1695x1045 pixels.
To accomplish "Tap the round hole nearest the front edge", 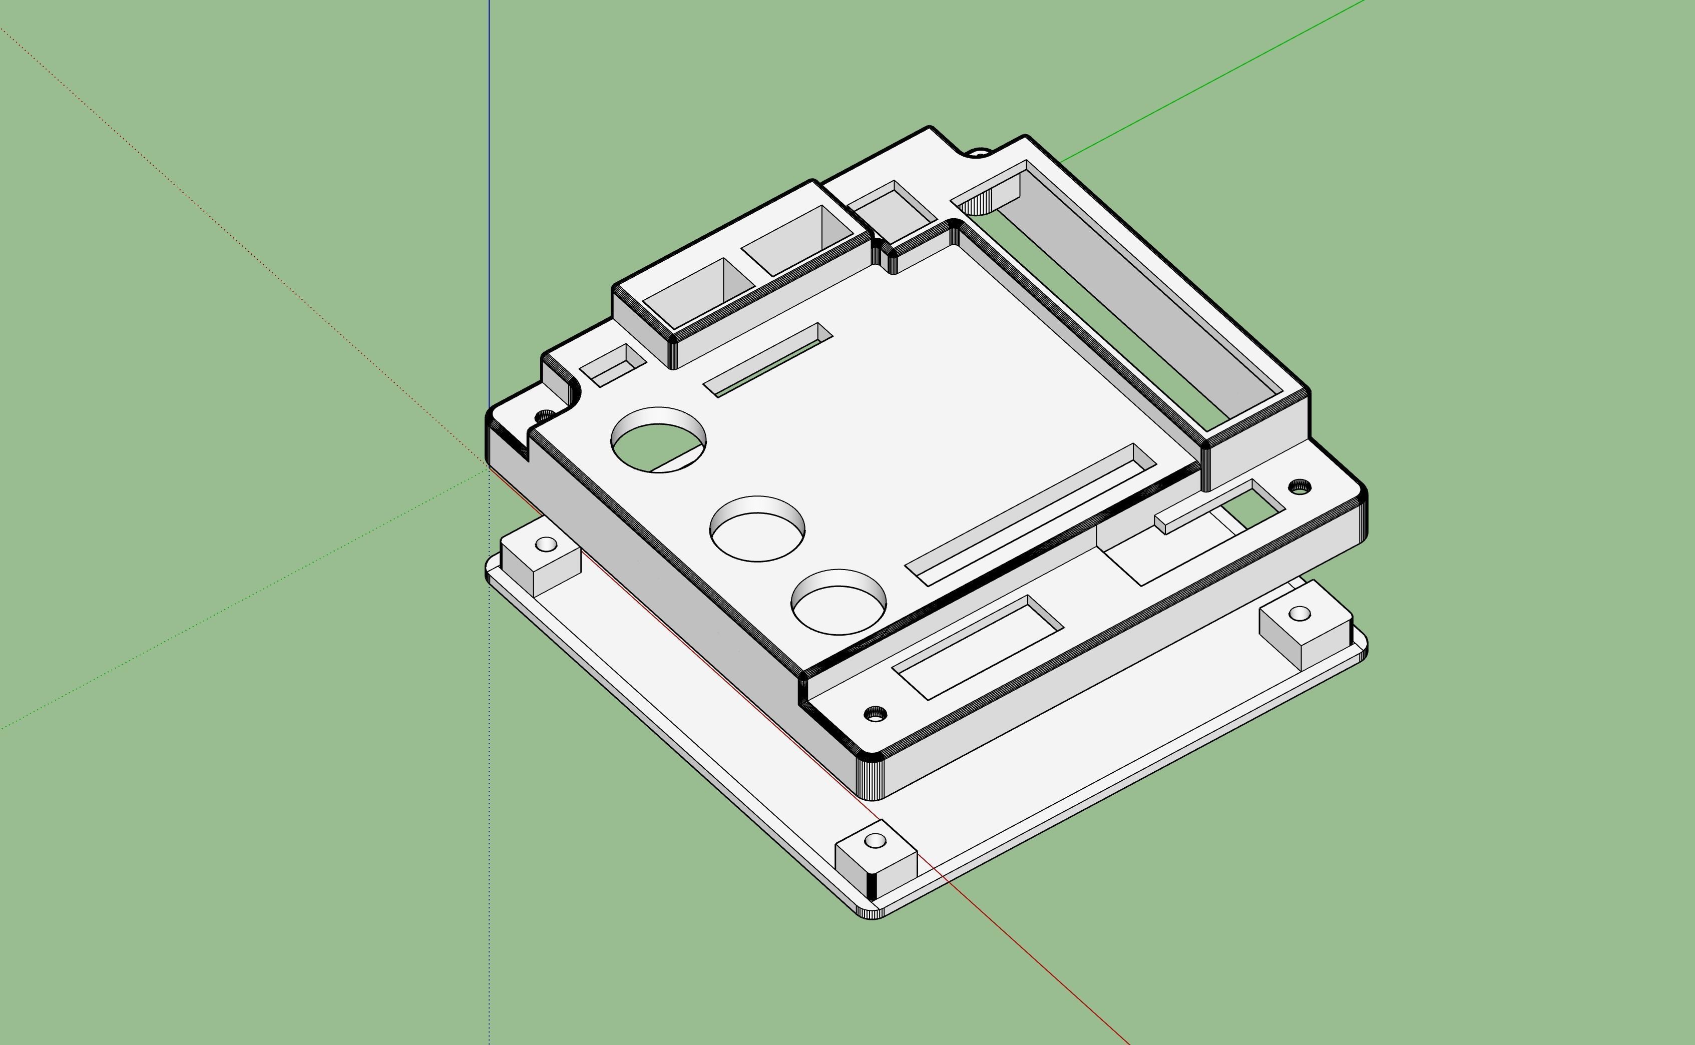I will coord(838,602).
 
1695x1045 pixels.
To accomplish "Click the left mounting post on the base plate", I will coord(541,559).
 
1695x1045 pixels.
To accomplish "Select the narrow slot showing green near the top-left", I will coord(767,360).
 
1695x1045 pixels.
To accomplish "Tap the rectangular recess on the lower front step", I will coord(978,646).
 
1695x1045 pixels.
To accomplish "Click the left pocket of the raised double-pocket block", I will coord(698,292).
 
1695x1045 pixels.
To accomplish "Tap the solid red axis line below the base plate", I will coord(1037,967).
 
